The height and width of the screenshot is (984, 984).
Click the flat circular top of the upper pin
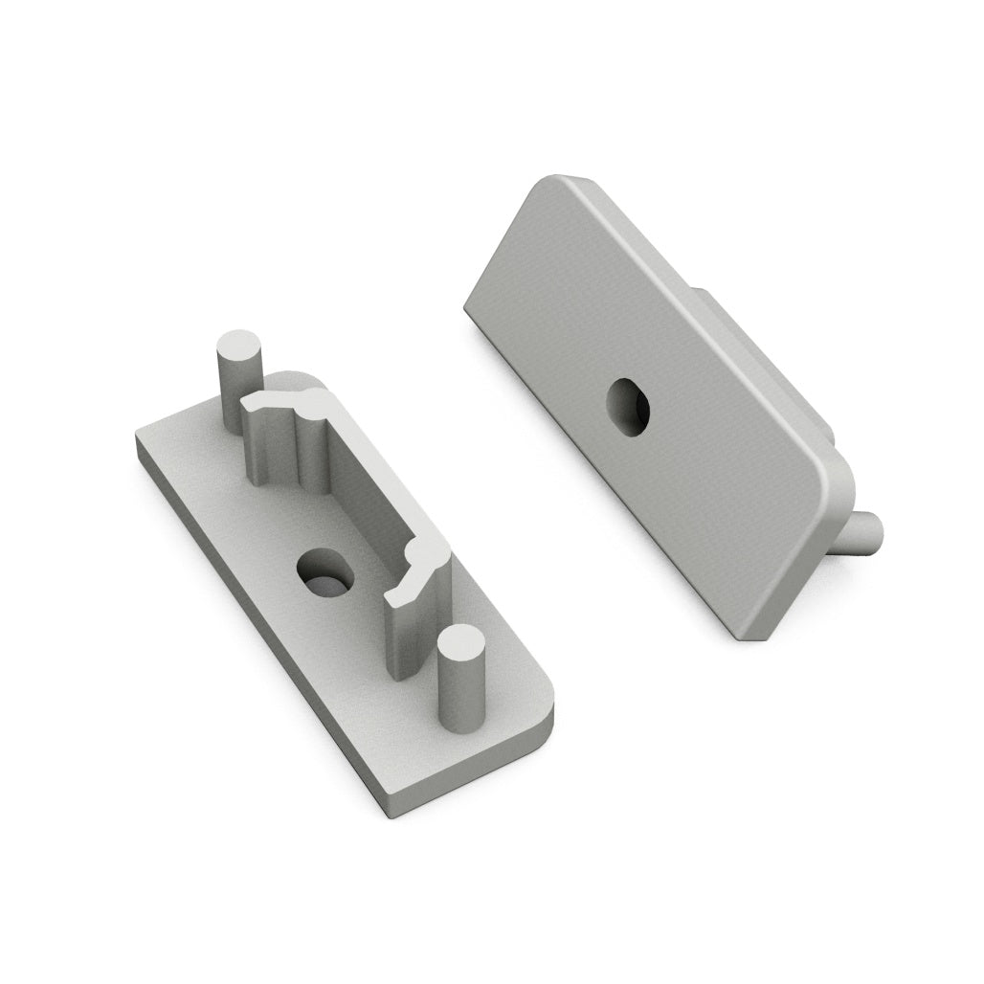[x=239, y=346]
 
